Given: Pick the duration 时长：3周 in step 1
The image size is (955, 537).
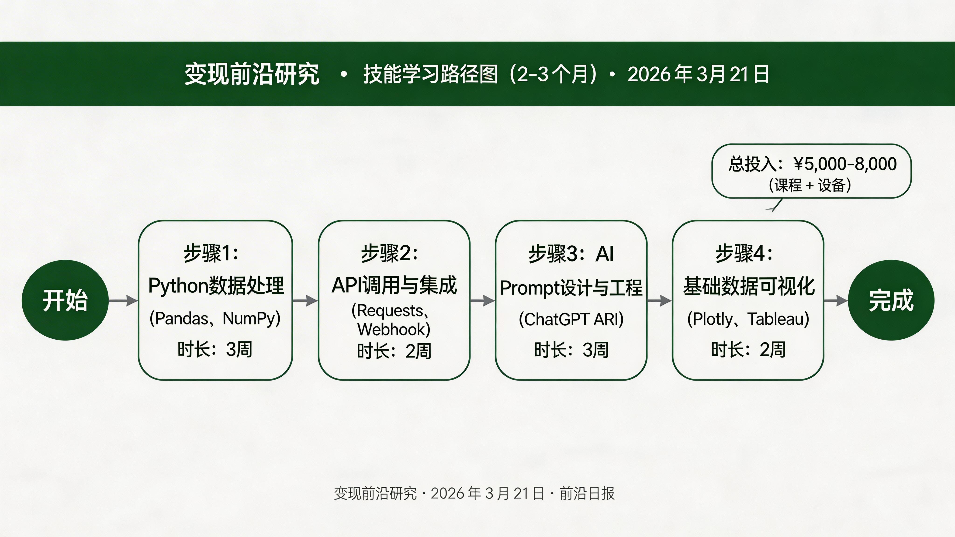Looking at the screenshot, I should [x=215, y=349].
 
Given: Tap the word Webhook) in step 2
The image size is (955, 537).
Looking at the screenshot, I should [x=394, y=329].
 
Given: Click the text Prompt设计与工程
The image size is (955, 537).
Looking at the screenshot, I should [x=571, y=288].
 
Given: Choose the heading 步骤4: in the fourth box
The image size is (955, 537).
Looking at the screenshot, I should [x=744, y=254].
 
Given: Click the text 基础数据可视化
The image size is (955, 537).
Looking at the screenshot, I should [x=748, y=286].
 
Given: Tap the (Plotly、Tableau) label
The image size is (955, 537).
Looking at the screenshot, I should [x=748, y=319].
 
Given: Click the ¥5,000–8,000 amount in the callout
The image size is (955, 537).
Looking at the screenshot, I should [x=845, y=164].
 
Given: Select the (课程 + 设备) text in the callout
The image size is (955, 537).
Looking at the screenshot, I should [x=810, y=185].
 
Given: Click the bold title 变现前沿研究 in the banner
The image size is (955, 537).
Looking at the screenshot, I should [x=252, y=74].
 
